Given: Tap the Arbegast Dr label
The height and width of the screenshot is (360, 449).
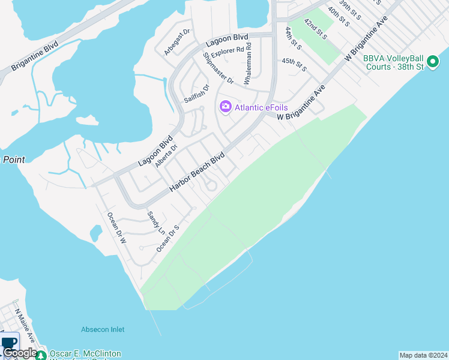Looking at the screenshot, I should (x=177, y=42).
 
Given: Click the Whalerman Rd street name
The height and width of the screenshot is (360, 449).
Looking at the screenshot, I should (x=247, y=62).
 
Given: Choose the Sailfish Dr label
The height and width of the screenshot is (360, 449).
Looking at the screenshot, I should (x=196, y=93).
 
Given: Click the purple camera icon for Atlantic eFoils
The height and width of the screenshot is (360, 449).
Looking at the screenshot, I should (x=226, y=107).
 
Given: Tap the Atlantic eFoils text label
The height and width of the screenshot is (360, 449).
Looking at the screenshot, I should (x=261, y=107).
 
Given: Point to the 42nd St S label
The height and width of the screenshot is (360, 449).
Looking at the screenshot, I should (x=315, y=29).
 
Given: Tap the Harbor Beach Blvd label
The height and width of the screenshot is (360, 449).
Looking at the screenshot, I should (x=196, y=172).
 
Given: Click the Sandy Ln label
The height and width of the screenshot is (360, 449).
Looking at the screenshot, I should (x=155, y=222).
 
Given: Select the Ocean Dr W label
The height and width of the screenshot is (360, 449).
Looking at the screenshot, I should (x=116, y=227).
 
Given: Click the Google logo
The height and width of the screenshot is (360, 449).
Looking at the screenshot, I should (x=19, y=353).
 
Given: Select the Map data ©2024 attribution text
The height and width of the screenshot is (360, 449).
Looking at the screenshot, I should (x=423, y=355).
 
